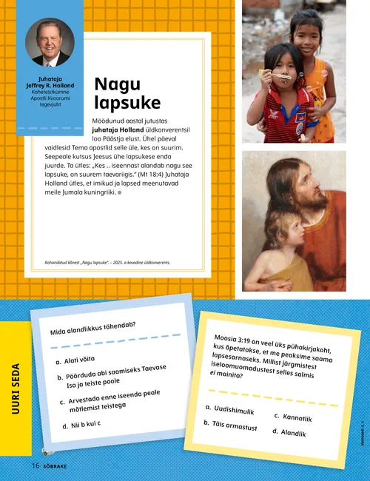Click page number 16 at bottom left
(35, 465)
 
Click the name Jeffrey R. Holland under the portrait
(50, 85)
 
